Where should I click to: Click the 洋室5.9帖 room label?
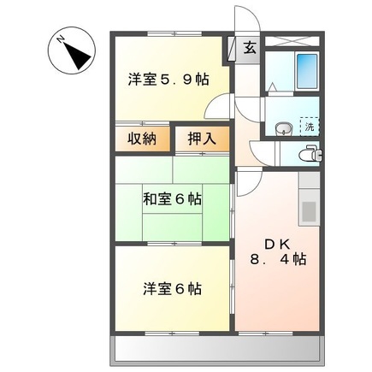pos(168,80)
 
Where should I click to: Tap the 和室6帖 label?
pos(172,199)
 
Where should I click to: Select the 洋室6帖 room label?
pos(173,289)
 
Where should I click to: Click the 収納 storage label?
pos(142,139)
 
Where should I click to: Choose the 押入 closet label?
pos(202,139)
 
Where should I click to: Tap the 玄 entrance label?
pos(250,48)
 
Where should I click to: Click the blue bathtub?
pos(307,71)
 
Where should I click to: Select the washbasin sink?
pos(284,128)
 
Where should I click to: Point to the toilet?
pos(310,154)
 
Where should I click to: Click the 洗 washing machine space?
pos(310,127)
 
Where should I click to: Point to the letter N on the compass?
pos(61,39)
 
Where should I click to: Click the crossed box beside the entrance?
pos(292,40)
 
